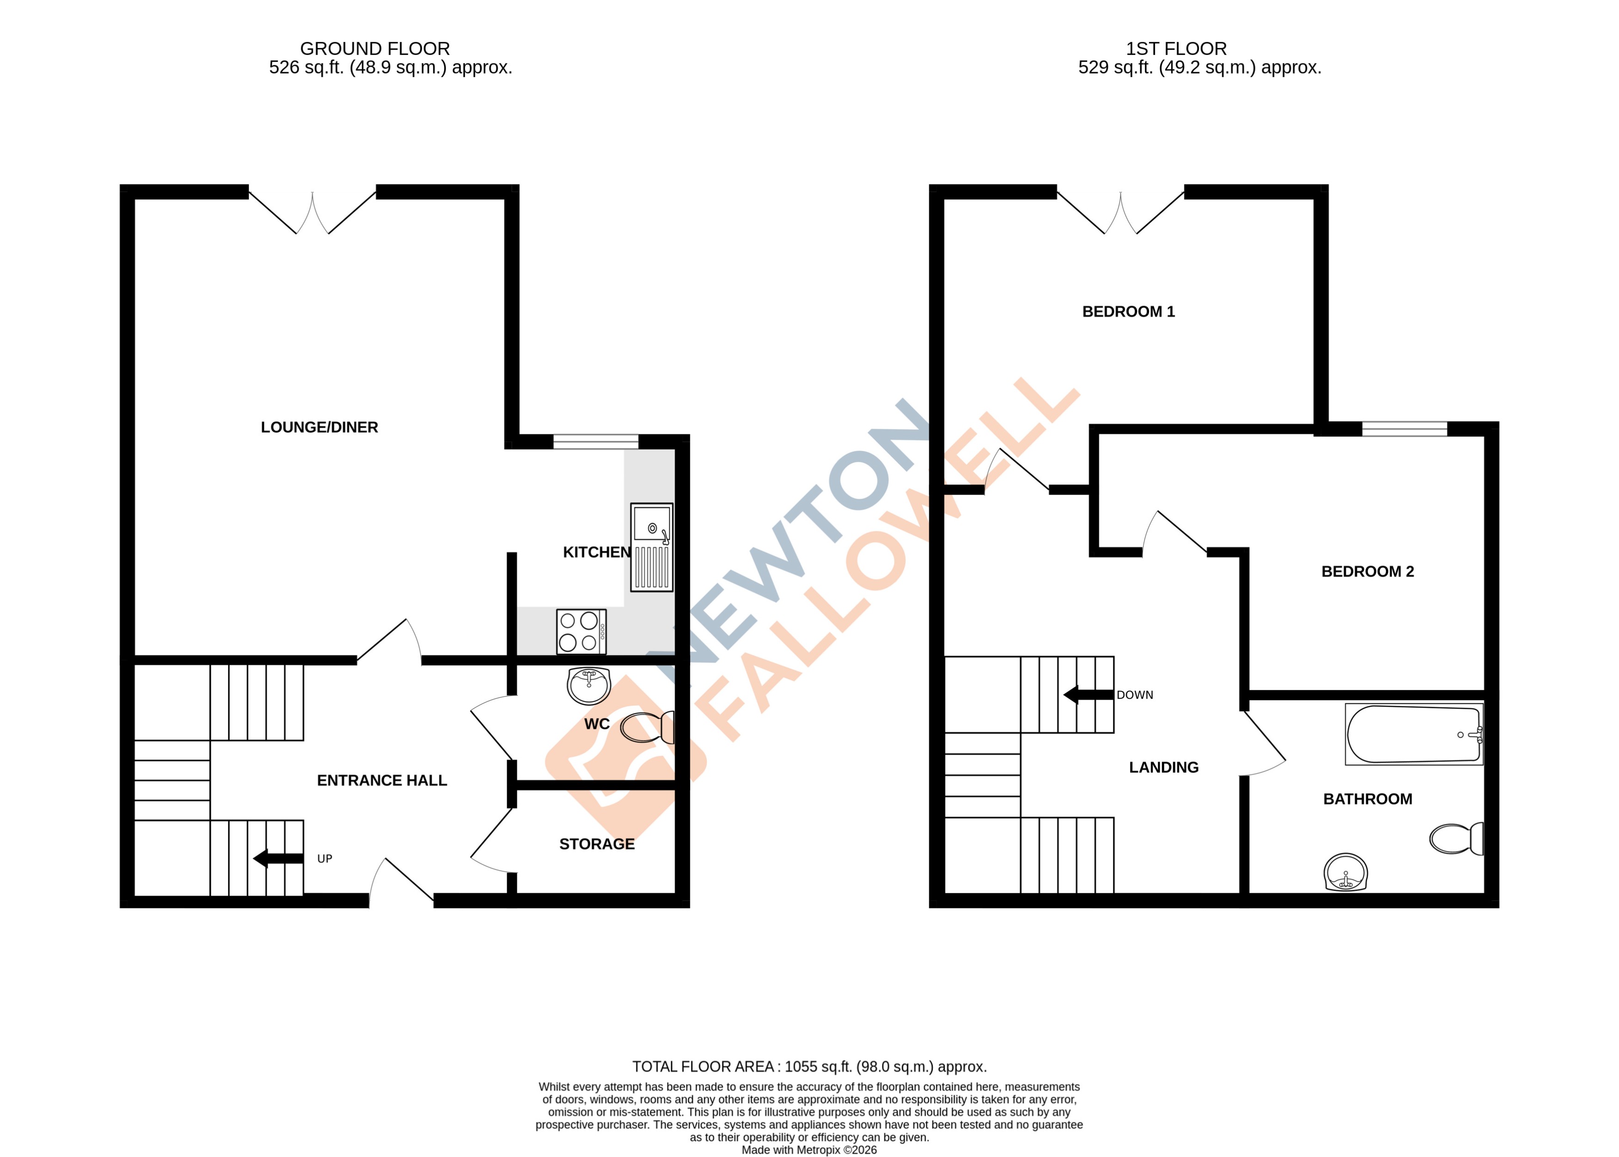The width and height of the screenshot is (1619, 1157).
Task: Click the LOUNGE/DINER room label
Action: [x=319, y=427]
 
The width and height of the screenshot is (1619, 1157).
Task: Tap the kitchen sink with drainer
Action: [x=651, y=547]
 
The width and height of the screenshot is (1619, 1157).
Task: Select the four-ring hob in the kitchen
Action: [x=581, y=631]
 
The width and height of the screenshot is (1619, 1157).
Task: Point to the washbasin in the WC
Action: [x=588, y=685]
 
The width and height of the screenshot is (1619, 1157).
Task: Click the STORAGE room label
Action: [x=596, y=844]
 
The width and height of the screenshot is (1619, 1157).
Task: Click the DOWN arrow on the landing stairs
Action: [x=1088, y=695]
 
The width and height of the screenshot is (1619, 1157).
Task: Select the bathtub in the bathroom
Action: [x=1414, y=734]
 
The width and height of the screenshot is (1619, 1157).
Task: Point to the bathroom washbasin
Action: [x=1345, y=872]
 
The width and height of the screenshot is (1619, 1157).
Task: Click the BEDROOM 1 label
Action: [x=1128, y=311]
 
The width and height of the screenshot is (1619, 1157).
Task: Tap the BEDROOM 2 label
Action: [x=1367, y=572]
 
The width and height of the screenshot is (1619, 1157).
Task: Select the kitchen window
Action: [x=596, y=442]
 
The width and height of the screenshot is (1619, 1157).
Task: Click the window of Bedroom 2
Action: [x=1404, y=429]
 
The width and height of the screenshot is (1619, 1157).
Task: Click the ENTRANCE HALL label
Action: [x=382, y=781]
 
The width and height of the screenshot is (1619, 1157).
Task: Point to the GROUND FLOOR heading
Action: [x=375, y=49]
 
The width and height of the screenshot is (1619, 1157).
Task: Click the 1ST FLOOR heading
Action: [x=1176, y=49]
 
